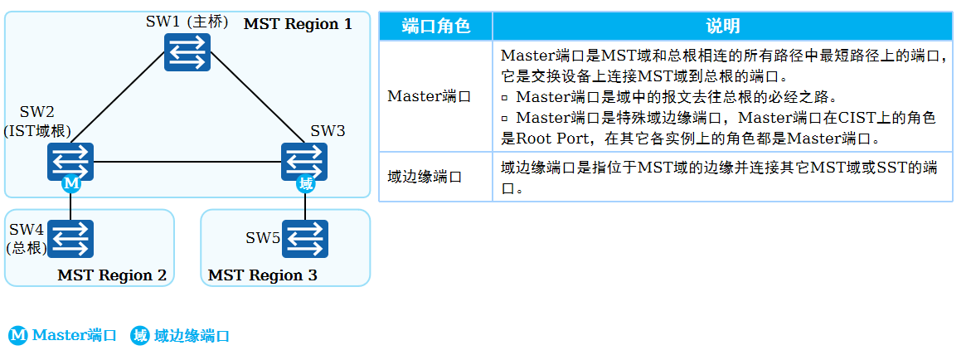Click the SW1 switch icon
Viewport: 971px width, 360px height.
tap(188, 55)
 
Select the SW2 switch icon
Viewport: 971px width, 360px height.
tap(70, 161)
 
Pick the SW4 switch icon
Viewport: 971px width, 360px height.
tap(70, 239)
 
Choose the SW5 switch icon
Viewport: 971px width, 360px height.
tap(305, 239)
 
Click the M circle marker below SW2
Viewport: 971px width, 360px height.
tap(70, 183)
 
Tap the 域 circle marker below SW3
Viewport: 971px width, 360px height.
tap(305, 183)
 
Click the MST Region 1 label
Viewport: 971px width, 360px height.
tap(298, 24)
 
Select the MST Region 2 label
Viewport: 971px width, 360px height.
tap(112, 275)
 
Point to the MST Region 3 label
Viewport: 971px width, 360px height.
tap(262, 275)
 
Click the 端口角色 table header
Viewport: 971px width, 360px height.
tap(435, 27)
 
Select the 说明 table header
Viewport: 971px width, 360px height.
tap(722, 27)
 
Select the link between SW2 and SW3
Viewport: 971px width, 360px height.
tap(187, 161)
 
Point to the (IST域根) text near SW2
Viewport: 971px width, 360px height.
tap(37, 131)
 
